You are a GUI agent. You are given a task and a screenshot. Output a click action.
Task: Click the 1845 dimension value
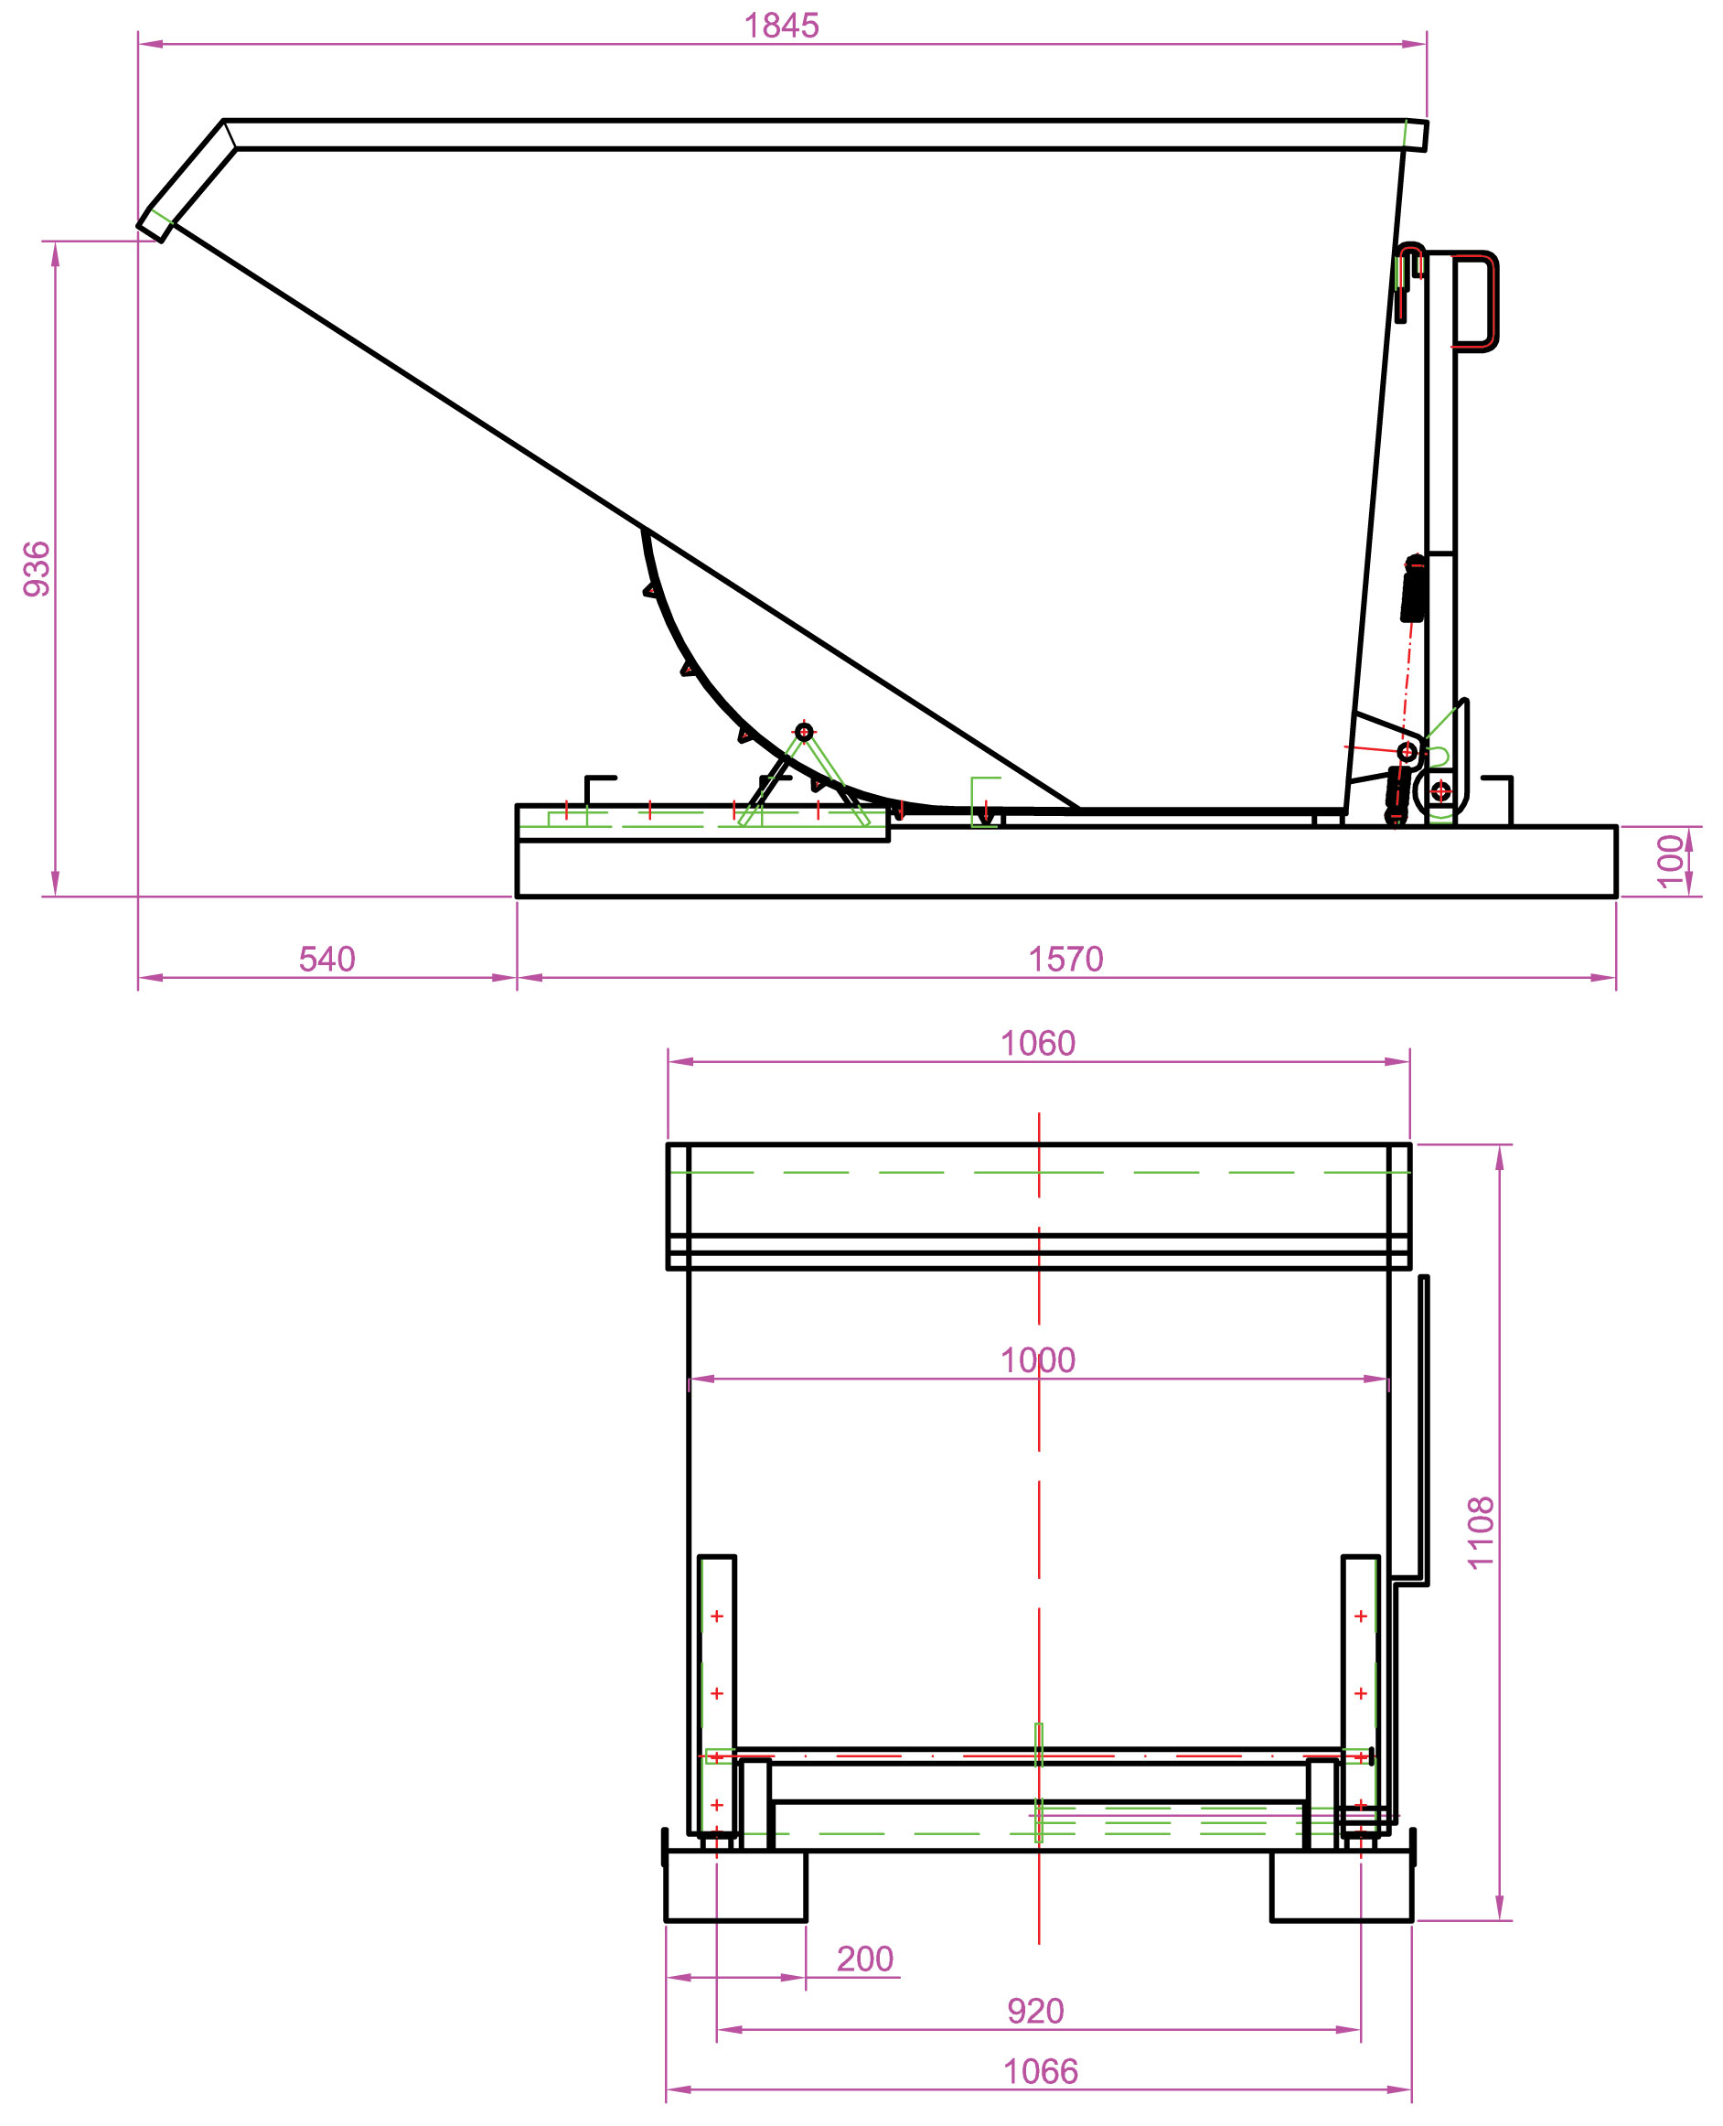coord(781,26)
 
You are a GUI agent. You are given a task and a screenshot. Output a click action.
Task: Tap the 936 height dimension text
coord(37,569)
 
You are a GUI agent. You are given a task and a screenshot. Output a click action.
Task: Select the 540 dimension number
coord(326,959)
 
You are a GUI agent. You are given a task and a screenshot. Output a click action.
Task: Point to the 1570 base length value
coord(1065,959)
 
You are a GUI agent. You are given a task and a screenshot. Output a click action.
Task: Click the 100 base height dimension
coord(1672,862)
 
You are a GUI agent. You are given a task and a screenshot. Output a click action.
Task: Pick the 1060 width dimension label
coord(1037,1043)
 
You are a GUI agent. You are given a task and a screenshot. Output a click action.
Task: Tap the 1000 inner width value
coord(1037,1359)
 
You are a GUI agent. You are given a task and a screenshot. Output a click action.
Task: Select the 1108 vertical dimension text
coord(1480,1532)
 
